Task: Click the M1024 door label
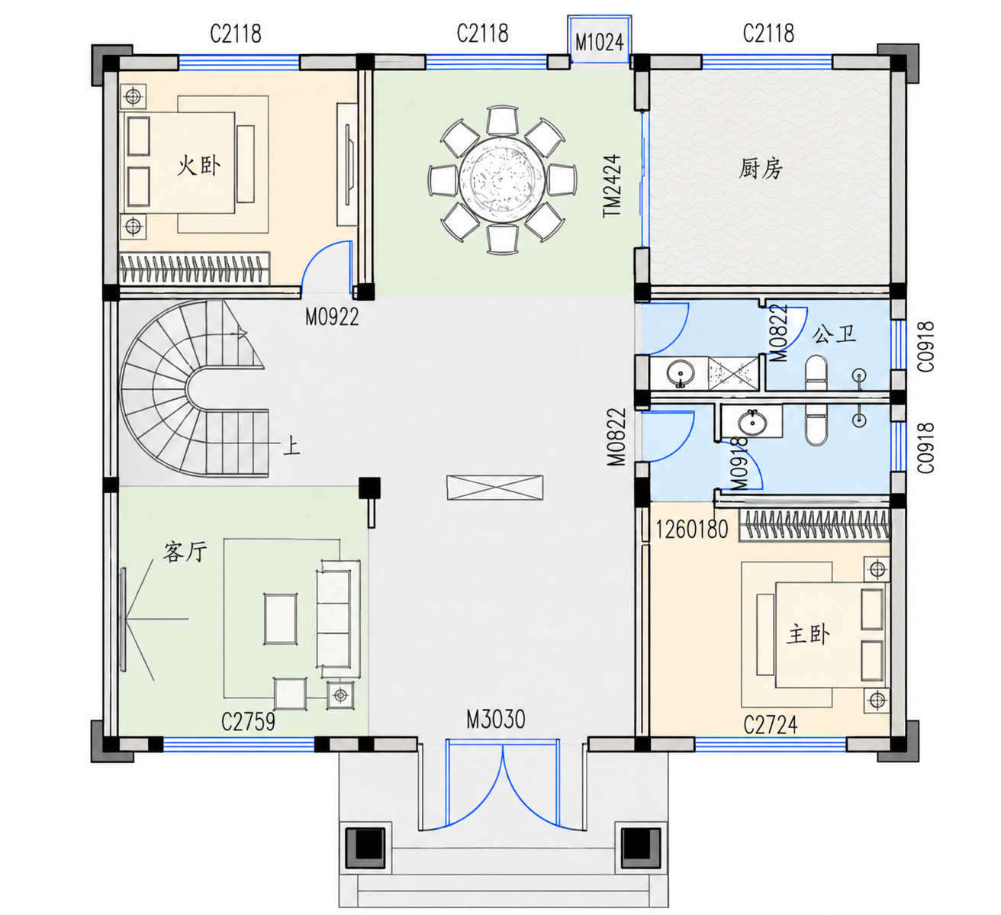coord(599,41)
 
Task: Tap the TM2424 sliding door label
coord(613,185)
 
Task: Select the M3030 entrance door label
coord(495,720)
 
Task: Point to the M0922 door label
coord(332,317)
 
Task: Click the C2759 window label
coord(248,721)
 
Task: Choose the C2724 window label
coord(770,725)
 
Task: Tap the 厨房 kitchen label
coord(761,169)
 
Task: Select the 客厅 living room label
coord(185,552)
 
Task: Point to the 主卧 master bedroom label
coord(808,634)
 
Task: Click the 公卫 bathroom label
coord(834,334)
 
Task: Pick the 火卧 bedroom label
coord(198,166)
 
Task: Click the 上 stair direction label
coord(291,446)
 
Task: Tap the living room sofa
coord(338,618)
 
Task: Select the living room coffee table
coord(281,618)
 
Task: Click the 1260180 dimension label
coord(691,530)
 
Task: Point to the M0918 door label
coord(739,464)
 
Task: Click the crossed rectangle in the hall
coord(494,487)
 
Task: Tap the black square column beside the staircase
coord(369,488)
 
